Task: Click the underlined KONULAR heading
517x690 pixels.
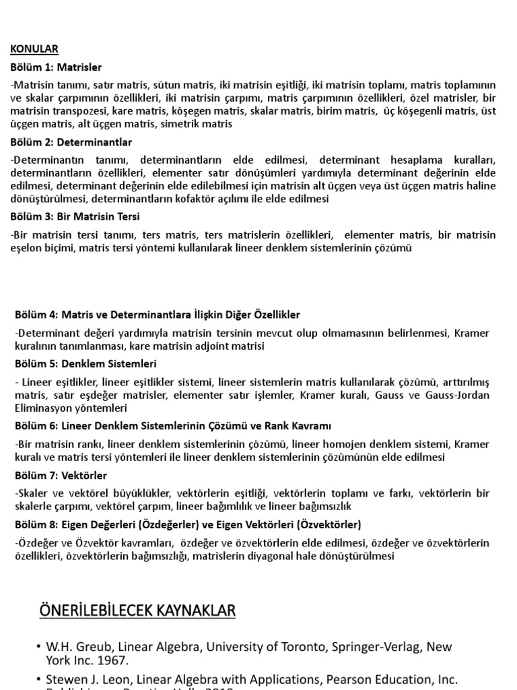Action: [x=34, y=49]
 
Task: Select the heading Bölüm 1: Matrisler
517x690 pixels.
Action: [x=56, y=67]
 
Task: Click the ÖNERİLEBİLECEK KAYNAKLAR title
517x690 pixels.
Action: [x=137, y=610]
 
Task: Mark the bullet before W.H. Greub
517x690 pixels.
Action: [x=40, y=647]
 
